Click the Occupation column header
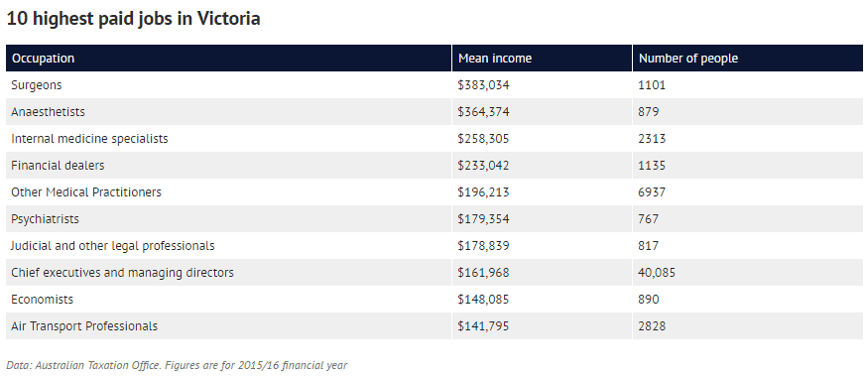point(43,58)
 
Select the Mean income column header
point(495,58)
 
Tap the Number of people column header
point(688,58)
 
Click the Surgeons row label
point(37,85)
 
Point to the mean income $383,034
point(483,85)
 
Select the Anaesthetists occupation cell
point(48,112)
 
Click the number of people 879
point(649,112)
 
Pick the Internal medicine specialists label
point(89,138)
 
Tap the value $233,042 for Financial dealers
point(483,166)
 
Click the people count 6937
point(653,191)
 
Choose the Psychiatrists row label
point(46,219)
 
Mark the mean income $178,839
point(483,245)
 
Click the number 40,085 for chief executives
point(657,273)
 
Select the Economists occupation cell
point(43,299)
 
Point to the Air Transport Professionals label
point(84,326)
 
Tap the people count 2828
point(653,326)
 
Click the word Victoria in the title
point(228,18)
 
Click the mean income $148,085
point(483,299)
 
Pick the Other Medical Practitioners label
point(86,191)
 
